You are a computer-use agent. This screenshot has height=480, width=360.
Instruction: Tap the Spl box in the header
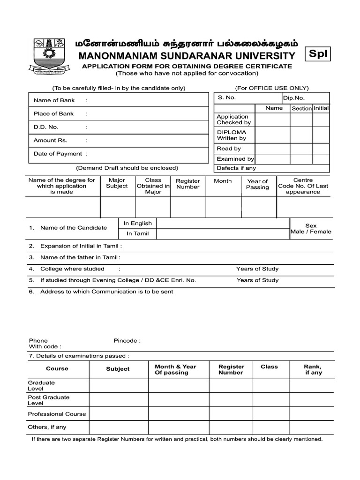(x=318, y=54)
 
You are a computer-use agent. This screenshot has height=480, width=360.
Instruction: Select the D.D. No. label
(x=46, y=127)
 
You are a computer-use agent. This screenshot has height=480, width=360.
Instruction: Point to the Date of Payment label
(x=58, y=154)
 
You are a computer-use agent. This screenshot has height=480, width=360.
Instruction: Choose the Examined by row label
(x=235, y=159)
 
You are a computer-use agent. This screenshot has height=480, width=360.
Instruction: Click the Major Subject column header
(x=117, y=183)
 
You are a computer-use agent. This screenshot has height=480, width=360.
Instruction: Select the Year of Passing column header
(x=257, y=184)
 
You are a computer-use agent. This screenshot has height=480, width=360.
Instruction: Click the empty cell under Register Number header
(x=187, y=208)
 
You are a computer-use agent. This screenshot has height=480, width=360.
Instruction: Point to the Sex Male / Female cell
(x=311, y=229)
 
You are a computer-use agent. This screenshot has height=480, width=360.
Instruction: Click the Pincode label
(x=127, y=341)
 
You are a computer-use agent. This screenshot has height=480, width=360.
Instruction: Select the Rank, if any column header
(x=313, y=369)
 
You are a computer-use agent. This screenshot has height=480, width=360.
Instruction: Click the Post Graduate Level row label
(x=48, y=400)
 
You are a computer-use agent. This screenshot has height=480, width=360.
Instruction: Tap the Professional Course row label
(x=57, y=414)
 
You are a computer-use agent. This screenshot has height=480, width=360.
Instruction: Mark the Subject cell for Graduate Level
(x=119, y=386)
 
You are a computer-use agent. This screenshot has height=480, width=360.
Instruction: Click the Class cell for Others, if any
(x=269, y=427)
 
